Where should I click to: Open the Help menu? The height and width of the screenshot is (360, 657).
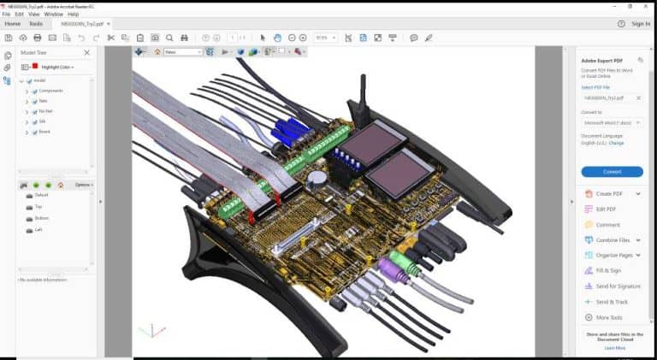click(x=74, y=15)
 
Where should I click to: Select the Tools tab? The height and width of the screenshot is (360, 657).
click(x=36, y=24)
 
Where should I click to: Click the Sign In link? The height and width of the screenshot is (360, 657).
click(x=640, y=24)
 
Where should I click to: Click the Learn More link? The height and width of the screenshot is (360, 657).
click(x=614, y=348)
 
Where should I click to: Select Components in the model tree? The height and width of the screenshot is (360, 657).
click(x=50, y=91)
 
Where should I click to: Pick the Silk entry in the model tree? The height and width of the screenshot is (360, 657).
click(x=43, y=122)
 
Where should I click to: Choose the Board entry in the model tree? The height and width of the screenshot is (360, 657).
click(x=44, y=133)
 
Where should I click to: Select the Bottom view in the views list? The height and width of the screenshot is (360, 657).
click(x=42, y=219)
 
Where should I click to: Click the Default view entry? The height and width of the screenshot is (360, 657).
click(x=42, y=196)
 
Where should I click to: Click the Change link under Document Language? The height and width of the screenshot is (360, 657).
click(x=616, y=143)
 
